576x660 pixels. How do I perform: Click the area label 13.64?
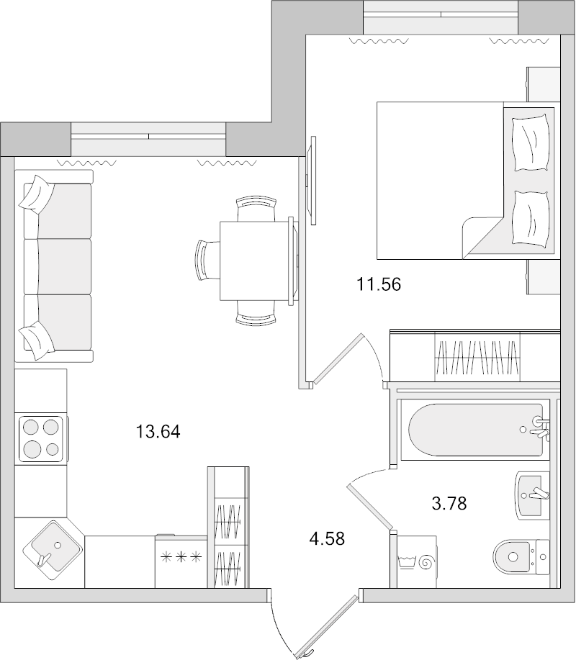click(x=158, y=432)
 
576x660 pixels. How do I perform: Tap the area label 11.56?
click(x=379, y=284)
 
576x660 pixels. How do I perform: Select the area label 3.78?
click(x=449, y=503)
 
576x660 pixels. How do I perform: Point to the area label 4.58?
click(x=327, y=538)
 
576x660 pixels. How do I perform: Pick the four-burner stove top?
click(x=41, y=438)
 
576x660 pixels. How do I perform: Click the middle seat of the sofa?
click(x=58, y=266)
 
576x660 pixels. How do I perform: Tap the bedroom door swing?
click(x=372, y=353)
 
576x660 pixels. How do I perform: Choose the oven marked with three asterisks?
click(x=180, y=561)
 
